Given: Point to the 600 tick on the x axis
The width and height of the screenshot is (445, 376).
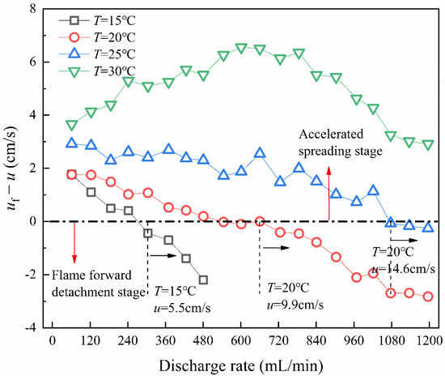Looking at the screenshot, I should tap(240, 341).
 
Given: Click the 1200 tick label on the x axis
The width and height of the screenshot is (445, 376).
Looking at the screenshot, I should tap(429, 341).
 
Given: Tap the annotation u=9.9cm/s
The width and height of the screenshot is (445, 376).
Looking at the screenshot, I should tap(295, 305).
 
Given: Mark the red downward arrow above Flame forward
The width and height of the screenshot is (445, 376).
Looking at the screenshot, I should tap(74, 240).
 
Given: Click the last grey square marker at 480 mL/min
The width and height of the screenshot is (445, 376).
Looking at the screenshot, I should tap(203, 280).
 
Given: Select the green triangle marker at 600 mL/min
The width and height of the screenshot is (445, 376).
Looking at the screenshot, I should tap(240, 49).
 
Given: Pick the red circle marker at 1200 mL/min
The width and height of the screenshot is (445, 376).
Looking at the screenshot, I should tap(428, 297).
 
